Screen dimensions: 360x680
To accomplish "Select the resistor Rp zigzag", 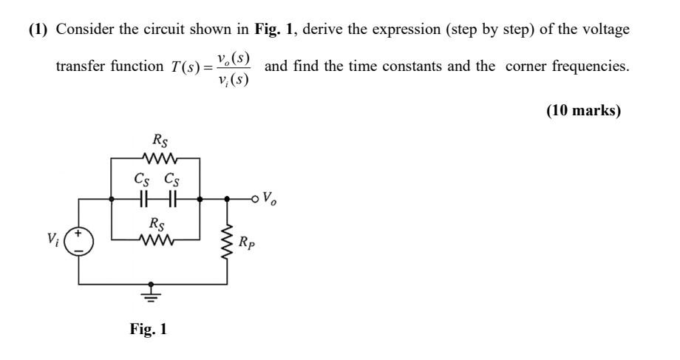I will (x=227, y=241).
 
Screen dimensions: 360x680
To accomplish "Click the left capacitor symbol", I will (x=144, y=199).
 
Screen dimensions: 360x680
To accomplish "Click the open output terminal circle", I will (x=256, y=199).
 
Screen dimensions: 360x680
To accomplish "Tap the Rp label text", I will (x=248, y=242).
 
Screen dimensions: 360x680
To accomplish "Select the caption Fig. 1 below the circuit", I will (x=149, y=329).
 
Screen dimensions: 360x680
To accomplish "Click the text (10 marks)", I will (x=583, y=111).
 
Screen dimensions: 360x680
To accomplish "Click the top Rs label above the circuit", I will (x=160, y=139).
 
